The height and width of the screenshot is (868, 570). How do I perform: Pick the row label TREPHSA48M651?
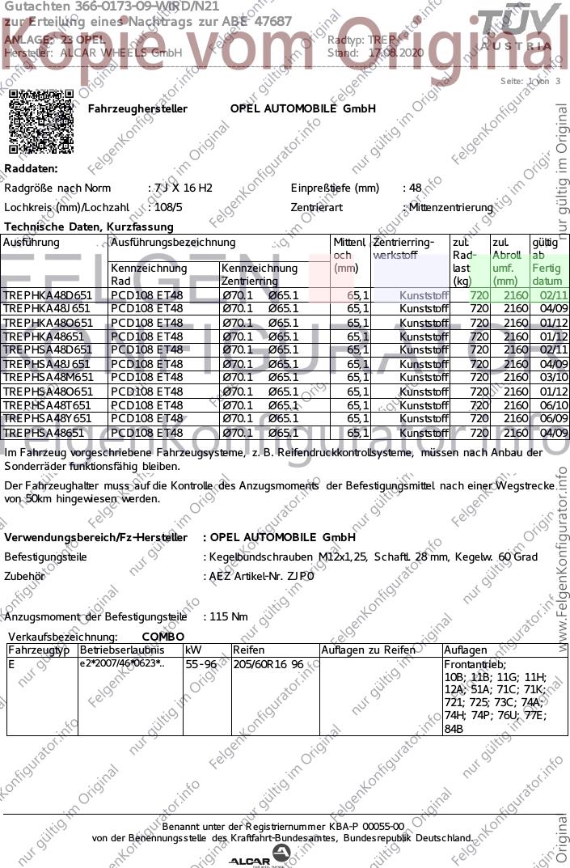tap(48, 378)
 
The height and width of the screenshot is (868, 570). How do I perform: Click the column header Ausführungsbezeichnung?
tap(172, 243)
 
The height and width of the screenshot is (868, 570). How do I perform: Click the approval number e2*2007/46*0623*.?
tap(121, 664)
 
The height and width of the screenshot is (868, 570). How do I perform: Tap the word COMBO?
tap(163, 637)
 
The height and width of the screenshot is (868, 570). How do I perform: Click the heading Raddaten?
tap(31, 168)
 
